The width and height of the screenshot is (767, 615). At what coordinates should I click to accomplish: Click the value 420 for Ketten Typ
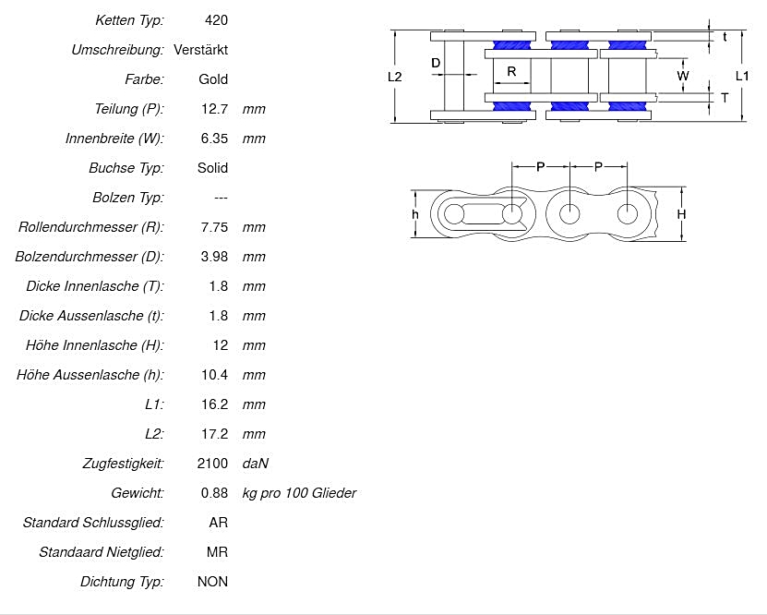point(217,19)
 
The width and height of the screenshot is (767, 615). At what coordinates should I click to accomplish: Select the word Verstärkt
point(200,49)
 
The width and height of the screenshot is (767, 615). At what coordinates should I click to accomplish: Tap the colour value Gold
point(213,78)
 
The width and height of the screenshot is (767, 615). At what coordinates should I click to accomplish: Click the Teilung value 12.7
point(214,108)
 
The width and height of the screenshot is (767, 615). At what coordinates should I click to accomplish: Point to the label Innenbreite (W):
point(114,138)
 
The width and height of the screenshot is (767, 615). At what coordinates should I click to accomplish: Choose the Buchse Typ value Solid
point(212,167)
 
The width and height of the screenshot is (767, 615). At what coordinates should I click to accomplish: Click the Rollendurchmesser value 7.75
point(214,226)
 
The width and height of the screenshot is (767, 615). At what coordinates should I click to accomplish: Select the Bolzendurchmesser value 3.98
point(214,256)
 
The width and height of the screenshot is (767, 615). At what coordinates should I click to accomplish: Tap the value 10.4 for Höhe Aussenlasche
point(214,374)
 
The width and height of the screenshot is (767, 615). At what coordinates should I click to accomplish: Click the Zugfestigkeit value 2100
point(212,463)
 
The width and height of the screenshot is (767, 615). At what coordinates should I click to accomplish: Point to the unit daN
point(256,463)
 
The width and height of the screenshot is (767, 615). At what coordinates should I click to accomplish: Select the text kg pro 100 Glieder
point(299,492)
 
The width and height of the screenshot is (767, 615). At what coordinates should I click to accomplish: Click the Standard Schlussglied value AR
point(219,522)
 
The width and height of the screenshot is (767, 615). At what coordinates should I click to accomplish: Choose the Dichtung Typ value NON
point(212,581)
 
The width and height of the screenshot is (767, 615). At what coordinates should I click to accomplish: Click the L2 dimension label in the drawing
point(394,78)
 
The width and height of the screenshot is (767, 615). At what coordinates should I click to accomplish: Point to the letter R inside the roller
point(511,71)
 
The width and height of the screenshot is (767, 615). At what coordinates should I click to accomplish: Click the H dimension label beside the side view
point(681,214)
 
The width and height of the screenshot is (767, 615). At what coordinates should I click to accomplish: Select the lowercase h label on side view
point(415,214)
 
